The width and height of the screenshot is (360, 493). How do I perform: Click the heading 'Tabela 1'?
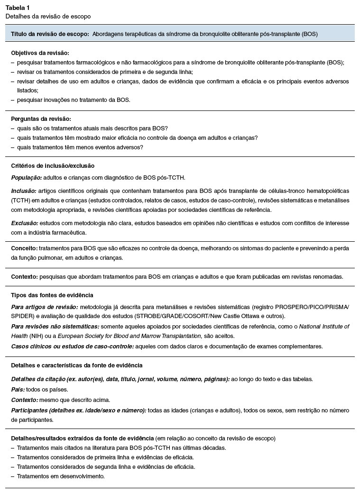point(17,7)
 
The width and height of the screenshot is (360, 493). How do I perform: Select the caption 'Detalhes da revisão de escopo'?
point(48,16)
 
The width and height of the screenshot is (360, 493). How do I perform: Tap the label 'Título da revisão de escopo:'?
point(50,34)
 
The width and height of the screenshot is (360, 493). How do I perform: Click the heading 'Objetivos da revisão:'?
point(40,53)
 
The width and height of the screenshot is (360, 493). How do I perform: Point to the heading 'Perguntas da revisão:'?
point(41,119)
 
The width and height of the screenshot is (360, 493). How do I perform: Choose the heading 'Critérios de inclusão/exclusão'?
point(53,166)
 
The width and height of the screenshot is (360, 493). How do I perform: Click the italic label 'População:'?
point(27,178)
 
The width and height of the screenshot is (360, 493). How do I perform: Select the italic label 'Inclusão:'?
point(24,191)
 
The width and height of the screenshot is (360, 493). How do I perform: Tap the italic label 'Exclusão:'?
point(25,223)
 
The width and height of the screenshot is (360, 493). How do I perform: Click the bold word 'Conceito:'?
point(24,248)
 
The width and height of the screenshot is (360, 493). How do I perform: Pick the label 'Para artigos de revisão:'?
point(45,307)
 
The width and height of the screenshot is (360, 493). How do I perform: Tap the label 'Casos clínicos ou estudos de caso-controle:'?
point(72,347)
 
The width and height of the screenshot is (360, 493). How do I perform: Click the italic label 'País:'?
point(18,390)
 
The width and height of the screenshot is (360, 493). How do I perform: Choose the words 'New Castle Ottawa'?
point(256,316)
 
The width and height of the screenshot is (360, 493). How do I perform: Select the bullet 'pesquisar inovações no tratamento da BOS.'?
point(73,100)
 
